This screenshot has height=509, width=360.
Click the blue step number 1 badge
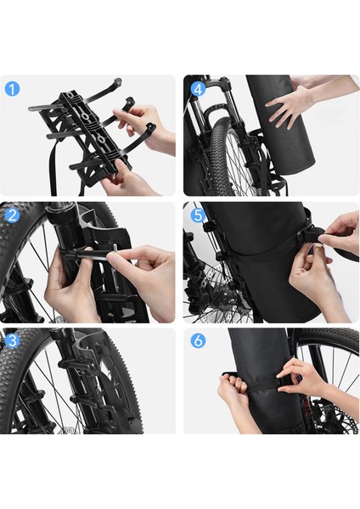tap(13, 88)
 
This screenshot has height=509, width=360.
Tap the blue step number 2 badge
tap(13, 215)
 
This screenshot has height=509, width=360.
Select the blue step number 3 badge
tap(13, 341)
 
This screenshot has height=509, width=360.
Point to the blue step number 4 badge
tap(198, 88)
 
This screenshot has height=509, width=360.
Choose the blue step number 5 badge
tap(198, 215)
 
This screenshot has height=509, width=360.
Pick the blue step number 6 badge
tap(198, 341)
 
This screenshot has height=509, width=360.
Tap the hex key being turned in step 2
tap(87, 253)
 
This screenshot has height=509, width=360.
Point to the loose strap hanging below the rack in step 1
tap(53, 169)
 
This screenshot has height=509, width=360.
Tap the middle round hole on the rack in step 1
tap(85, 116)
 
